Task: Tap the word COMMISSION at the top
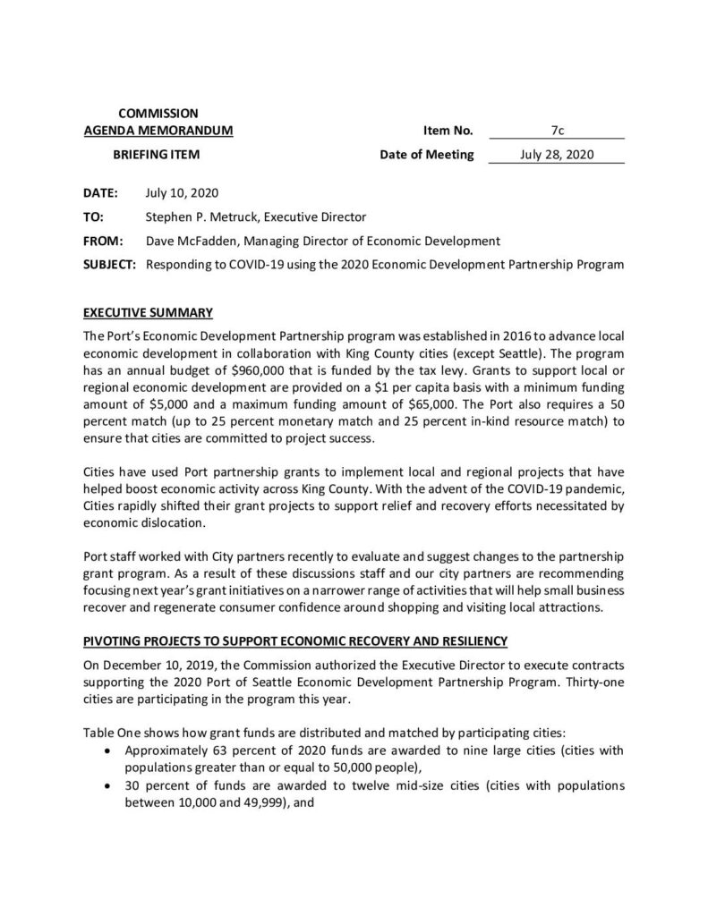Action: [158, 114]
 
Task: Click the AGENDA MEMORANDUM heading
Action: [158, 131]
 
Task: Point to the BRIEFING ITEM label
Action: [156, 154]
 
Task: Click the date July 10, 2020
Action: [181, 192]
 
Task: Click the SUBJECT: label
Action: [109, 265]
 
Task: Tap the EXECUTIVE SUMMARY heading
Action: [148, 313]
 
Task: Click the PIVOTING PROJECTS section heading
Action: [295, 641]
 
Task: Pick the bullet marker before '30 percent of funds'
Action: [109, 785]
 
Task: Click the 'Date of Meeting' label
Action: [427, 154]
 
